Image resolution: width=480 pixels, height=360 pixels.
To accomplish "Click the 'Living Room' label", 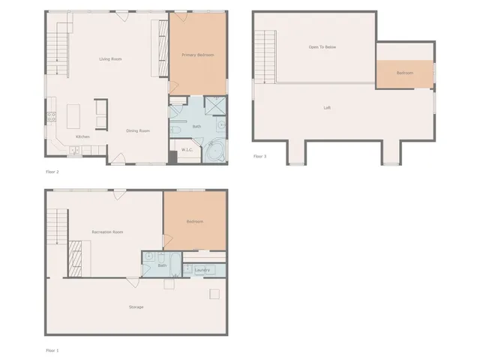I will click(x=111, y=58).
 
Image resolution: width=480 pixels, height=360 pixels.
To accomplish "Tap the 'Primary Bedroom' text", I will click(x=197, y=55).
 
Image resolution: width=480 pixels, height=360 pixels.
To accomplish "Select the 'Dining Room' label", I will click(x=138, y=130).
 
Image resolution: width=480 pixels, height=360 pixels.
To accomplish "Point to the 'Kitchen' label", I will click(x=82, y=136).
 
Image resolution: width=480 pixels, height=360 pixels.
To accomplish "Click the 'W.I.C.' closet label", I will click(x=187, y=150).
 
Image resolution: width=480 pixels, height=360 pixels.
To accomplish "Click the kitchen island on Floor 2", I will click(x=75, y=116).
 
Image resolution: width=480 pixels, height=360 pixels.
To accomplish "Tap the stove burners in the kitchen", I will click(x=52, y=116).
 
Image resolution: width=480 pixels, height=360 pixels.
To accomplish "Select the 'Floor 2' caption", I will click(x=52, y=172).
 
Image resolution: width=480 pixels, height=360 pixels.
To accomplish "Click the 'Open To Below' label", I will click(x=322, y=46).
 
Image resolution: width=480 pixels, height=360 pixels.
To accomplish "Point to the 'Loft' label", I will click(x=327, y=107).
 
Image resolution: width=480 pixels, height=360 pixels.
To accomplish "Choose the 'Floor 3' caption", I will click(x=259, y=156).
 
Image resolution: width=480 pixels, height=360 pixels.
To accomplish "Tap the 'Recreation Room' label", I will click(x=107, y=232).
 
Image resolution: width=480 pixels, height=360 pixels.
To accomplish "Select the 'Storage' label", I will click(x=136, y=307).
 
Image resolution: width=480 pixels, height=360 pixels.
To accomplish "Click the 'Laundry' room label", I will click(x=202, y=270).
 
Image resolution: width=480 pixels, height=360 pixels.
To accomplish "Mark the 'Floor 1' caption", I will click(x=52, y=350).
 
